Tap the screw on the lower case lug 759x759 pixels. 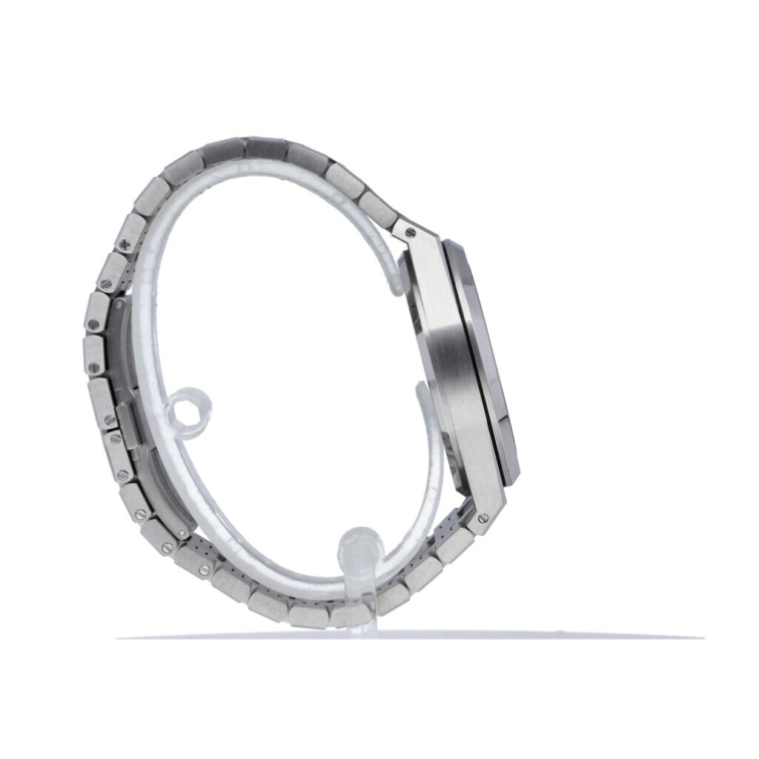(x=483, y=517)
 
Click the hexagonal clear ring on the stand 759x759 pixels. (x=188, y=410)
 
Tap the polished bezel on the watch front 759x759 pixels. (x=493, y=363)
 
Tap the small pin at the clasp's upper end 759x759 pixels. (x=117, y=304)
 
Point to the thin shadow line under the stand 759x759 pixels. (x=408, y=637)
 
